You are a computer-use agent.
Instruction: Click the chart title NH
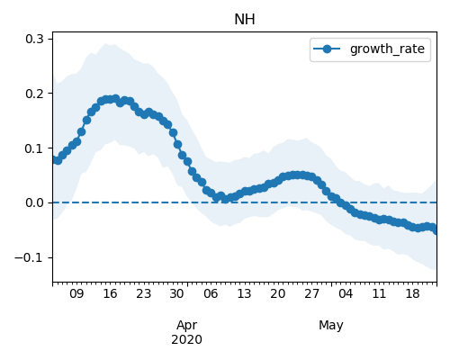click(245, 20)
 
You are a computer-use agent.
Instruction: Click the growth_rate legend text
click(387, 49)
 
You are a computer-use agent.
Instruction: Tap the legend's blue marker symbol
click(327, 49)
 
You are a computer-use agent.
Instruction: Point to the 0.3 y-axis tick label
click(35, 39)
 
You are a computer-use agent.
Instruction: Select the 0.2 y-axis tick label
click(35, 94)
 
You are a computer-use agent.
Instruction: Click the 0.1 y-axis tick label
click(35, 148)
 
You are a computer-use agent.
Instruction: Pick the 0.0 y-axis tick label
click(35, 202)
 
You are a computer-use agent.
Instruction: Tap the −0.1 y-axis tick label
click(30, 257)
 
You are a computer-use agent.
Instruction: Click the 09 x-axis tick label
click(76, 293)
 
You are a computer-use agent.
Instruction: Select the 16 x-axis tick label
click(110, 293)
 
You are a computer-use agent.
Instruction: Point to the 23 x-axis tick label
click(143, 293)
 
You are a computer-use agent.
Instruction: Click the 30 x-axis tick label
click(176, 293)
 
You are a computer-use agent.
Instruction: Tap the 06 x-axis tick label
click(211, 293)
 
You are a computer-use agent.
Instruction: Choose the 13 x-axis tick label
click(244, 293)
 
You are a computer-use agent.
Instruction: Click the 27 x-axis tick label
click(311, 293)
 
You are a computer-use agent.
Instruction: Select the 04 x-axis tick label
click(346, 293)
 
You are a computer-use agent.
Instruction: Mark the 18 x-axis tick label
click(412, 293)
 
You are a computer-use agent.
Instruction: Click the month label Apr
click(186, 326)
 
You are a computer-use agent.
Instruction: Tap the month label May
click(331, 326)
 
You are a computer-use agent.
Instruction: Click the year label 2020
click(186, 340)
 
